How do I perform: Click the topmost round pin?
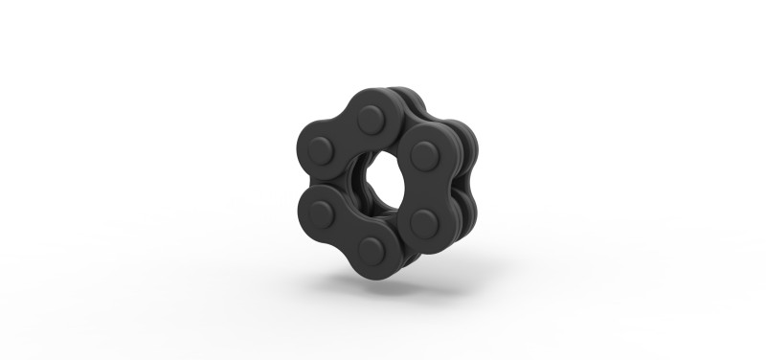coord(372,121)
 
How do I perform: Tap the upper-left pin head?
coord(321,151)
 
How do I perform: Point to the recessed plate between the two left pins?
coord(308,183)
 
